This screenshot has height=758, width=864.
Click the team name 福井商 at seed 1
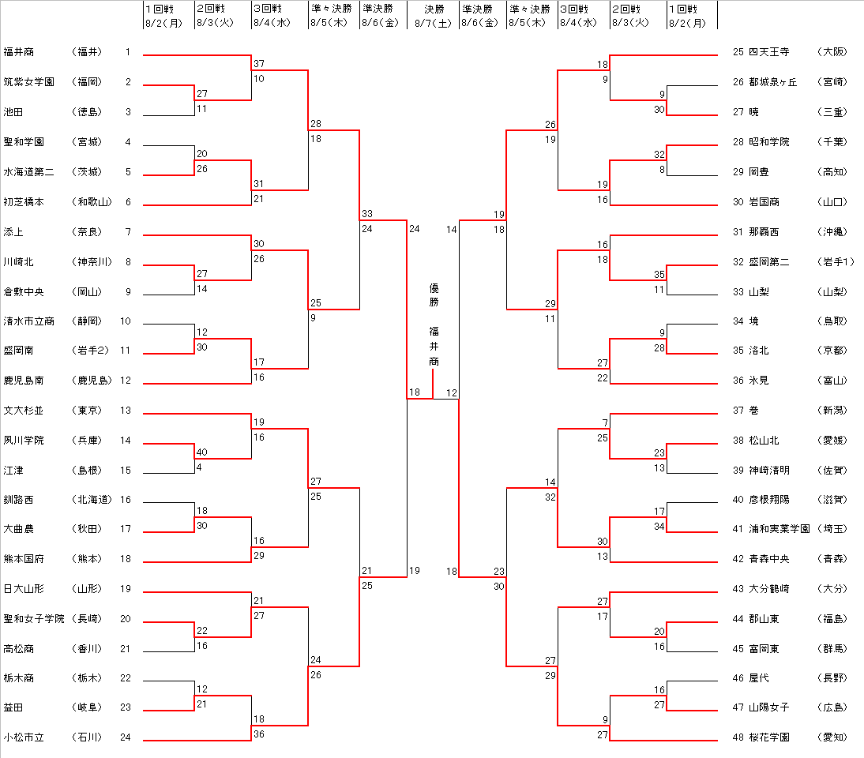[x=18, y=52]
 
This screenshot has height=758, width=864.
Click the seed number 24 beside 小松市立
[x=125, y=737]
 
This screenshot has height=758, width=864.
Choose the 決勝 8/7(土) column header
[x=434, y=15]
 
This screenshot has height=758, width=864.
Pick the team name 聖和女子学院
[x=34, y=618]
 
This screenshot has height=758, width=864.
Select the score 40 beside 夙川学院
[x=201, y=452]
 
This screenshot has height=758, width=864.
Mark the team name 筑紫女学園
[x=28, y=82]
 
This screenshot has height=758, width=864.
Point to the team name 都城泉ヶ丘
[x=773, y=82]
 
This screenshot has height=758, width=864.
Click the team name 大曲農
[x=18, y=528]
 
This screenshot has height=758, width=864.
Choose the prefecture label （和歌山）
[x=92, y=202]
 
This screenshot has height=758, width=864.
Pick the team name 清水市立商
[x=28, y=321]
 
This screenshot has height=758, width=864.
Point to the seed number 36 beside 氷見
[x=738, y=381]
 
